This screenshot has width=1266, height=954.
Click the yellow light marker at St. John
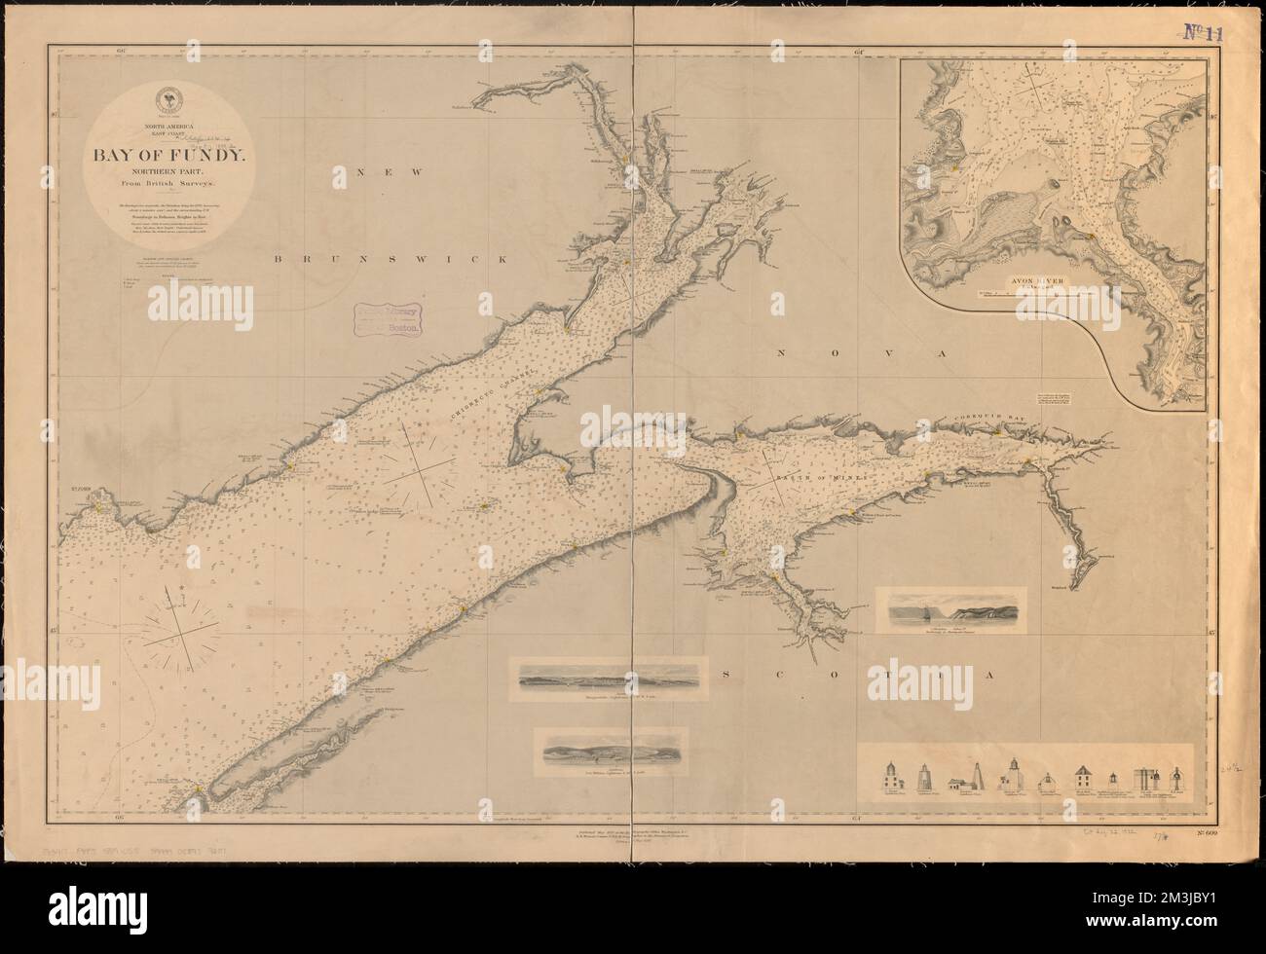pyautogui.click(x=100, y=506)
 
